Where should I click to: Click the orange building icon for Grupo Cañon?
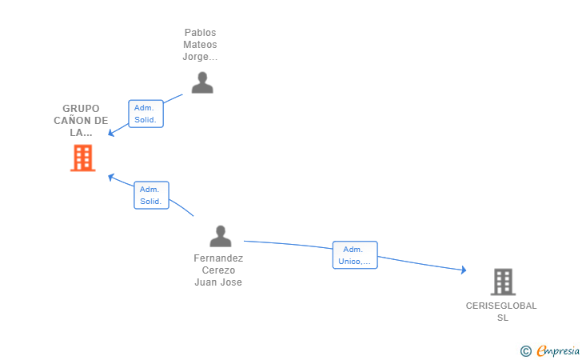click(x=83, y=158)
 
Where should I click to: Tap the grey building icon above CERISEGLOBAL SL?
click(x=503, y=282)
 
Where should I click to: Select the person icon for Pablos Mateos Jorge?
click(x=202, y=82)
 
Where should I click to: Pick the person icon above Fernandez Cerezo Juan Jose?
click(x=221, y=236)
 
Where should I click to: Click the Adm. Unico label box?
click(x=355, y=255)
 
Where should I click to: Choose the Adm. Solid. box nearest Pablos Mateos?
click(x=145, y=114)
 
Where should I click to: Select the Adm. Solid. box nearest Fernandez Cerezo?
click(x=151, y=195)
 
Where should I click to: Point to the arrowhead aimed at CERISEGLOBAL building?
click(x=464, y=270)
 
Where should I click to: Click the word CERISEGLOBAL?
click(x=501, y=306)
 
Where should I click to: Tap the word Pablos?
click(x=200, y=33)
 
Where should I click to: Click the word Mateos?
click(x=200, y=45)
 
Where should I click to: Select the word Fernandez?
click(x=218, y=258)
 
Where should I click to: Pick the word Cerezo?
click(x=218, y=270)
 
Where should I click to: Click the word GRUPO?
click(x=81, y=109)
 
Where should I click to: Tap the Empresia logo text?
click(x=558, y=350)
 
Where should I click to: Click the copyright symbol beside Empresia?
click(x=526, y=351)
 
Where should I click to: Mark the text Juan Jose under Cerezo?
click(x=218, y=282)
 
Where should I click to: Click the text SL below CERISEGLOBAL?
click(x=503, y=318)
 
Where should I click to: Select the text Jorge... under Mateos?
click(x=200, y=57)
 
